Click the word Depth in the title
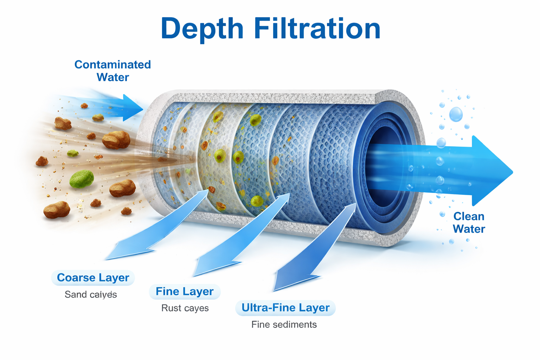202,29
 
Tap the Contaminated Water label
112,71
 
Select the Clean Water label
469,223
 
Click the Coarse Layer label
93,278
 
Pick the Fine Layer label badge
185,291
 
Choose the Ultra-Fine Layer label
285,308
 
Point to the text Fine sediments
284,324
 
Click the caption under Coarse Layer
91,295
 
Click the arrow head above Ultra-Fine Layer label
288,279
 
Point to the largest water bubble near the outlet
456,114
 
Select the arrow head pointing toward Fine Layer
207,266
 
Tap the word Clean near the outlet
469,216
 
